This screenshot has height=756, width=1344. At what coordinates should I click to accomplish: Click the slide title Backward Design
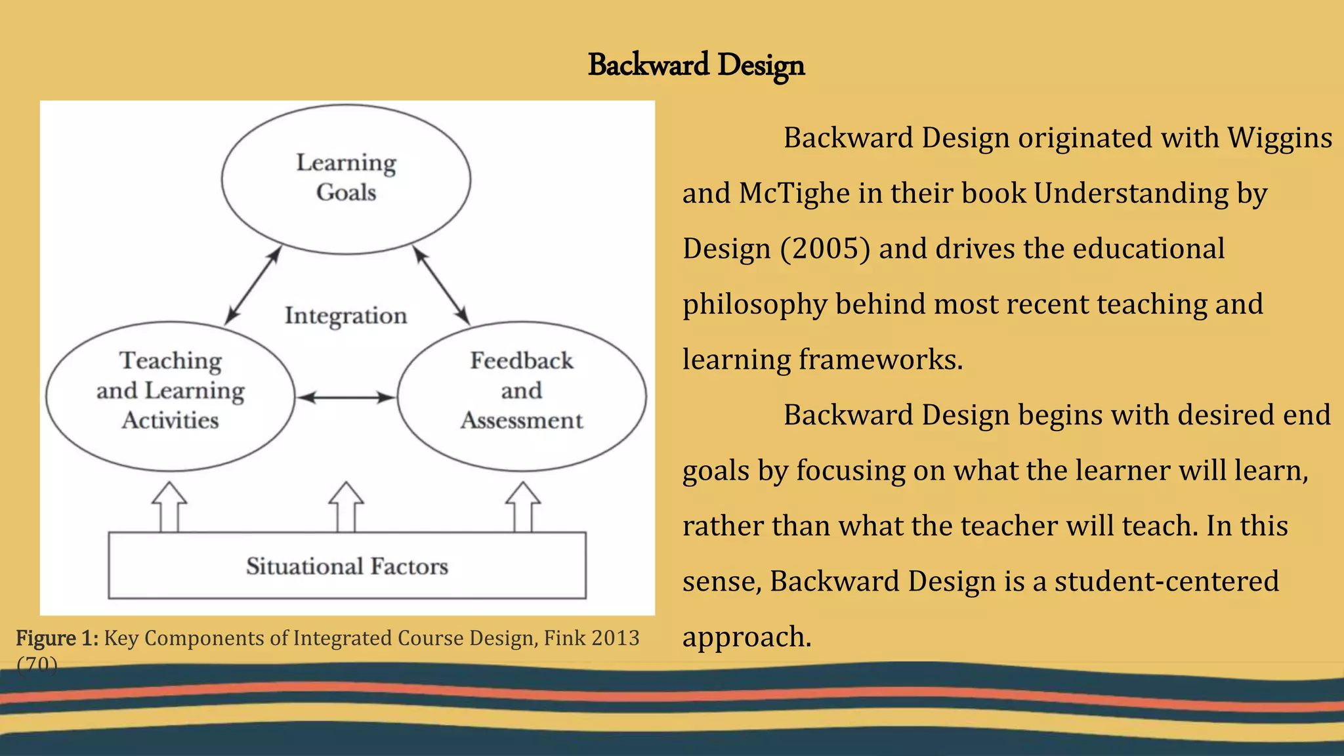[696, 65]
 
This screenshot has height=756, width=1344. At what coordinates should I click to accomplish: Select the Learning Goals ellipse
[346, 178]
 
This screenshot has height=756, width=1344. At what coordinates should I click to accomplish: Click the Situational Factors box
[346, 566]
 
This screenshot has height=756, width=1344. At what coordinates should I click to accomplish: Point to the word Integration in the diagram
[346, 316]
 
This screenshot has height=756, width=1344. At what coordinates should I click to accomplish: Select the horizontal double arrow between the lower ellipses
[346, 397]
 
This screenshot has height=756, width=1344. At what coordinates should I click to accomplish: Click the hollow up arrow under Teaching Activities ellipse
[169, 507]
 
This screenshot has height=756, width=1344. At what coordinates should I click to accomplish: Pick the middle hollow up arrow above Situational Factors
[346, 507]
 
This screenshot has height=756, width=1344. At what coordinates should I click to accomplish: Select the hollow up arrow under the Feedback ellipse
[523, 507]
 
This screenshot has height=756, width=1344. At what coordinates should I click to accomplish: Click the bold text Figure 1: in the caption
[57, 638]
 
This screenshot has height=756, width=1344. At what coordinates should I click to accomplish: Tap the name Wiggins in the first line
[1279, 138]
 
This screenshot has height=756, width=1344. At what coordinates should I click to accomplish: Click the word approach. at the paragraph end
[747, 637]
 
